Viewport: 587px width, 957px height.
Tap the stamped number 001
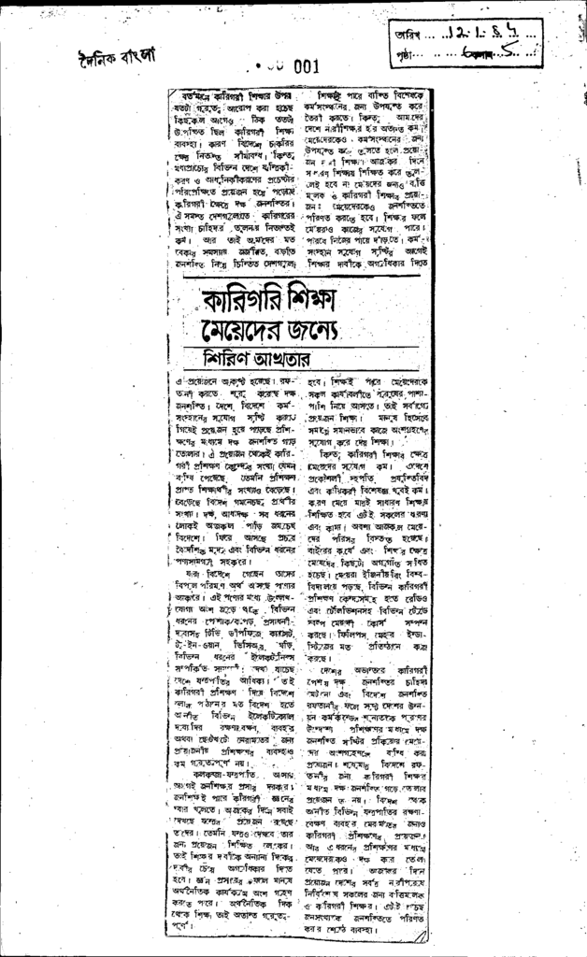click(305, 66)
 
